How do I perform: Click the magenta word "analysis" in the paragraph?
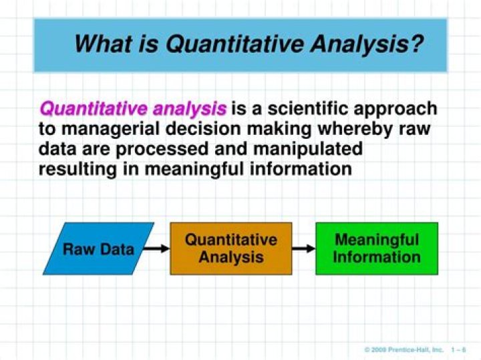tap(190, 108)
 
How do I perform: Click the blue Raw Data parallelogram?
tap(98, 249)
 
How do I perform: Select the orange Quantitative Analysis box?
tap(230, 248)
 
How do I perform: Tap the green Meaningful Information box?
tap(376, 248)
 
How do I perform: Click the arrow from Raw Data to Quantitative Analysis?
tap(156, 249)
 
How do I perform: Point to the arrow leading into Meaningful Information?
tap(303, 249)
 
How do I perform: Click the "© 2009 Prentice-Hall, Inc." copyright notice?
tap(404, 349)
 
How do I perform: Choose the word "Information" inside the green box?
tap(377, 257)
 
